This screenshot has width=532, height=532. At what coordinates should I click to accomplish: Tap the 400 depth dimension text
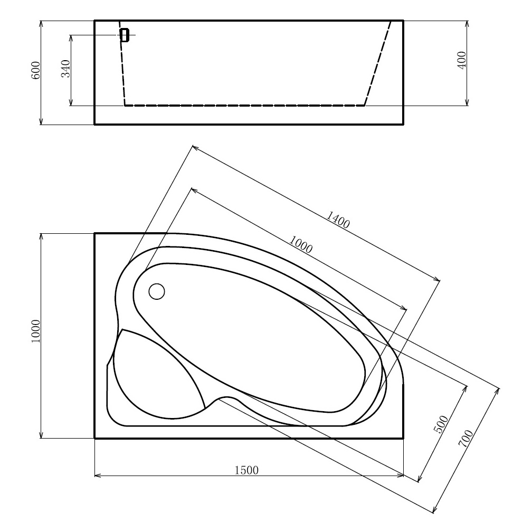[x=462, y=62]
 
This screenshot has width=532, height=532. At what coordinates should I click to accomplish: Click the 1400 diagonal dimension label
[x=338, y=219]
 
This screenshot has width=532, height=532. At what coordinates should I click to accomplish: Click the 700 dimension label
[x=465, y=439]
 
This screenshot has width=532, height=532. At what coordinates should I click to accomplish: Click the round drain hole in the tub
[x=157, y=291]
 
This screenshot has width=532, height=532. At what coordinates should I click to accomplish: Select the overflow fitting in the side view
[x=125, y=35]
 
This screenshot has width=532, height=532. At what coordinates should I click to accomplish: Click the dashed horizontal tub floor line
[x=243, y=106]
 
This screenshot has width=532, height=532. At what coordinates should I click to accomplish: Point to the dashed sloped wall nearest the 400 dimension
[x=378, y=63]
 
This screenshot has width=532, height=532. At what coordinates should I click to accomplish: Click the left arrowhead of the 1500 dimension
[x=98, y=476]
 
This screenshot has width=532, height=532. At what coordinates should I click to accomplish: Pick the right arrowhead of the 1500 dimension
[x=401, y=476]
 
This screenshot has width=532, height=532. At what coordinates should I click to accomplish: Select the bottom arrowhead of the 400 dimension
[x=467, y=102]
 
